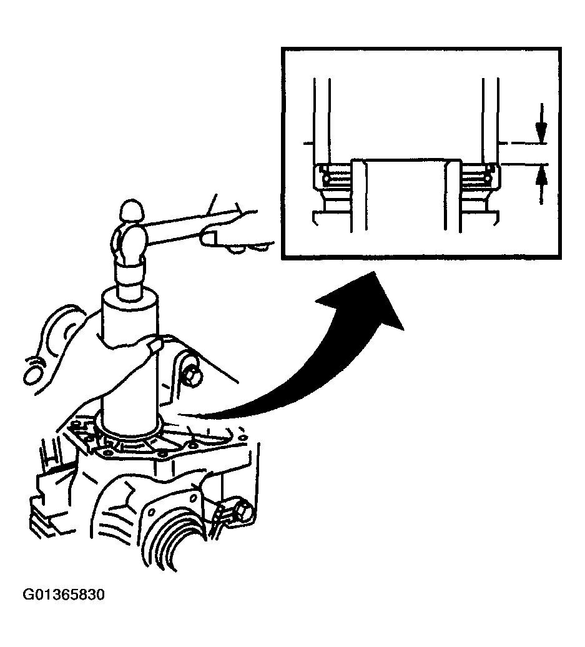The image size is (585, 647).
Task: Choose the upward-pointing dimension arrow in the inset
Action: pyautogui.click(x=541, y=184)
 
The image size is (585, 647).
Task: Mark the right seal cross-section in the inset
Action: pyautogui.click(x=479, y=177)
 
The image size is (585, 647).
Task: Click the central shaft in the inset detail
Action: pyautogui.click(x=406, y=194)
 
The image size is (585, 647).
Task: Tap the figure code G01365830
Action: pyautogui.click(x=64, y=595)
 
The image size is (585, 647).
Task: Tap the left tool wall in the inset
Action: pyautogui.click(x=322, y=120)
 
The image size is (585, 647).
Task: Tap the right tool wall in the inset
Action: pyautogui.click(x=490, y=120)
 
